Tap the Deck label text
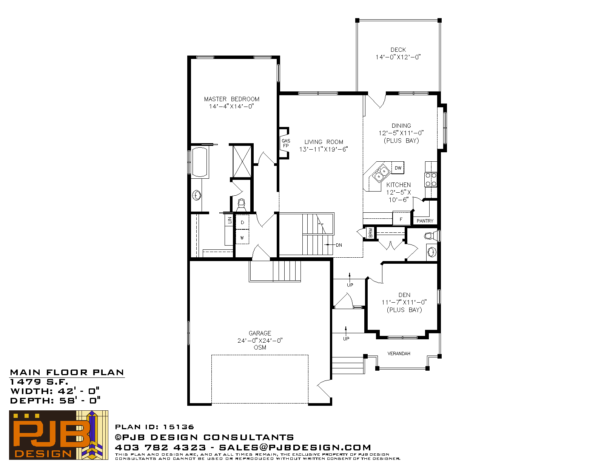tap(398, 50)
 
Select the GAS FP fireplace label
tap(286, 143)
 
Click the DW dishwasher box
tap(398, 168)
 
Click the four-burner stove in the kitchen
tap(431, 180)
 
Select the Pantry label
tap(425, 221)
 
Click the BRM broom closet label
tap(371, 233)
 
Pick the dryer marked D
tap(242, 222)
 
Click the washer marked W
tap(242, 237)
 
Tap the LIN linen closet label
tap(230, 220)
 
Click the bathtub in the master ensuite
tap(200, 162)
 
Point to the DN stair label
tap(339, 245)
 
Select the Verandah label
tap(399, 354)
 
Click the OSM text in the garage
tap(260, 347)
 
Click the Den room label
tap(404, 295)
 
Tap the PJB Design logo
tap(59, 435)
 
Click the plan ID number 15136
tap(178, 427)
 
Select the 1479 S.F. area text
tap(39, 382)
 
